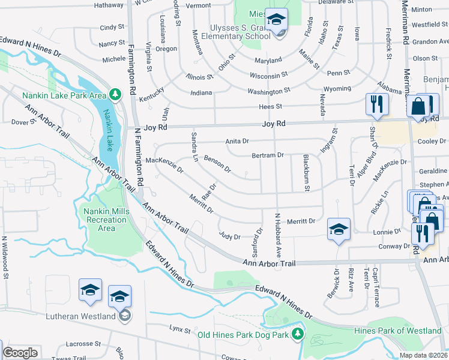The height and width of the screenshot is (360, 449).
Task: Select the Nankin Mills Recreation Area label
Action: click(x=106, y=220)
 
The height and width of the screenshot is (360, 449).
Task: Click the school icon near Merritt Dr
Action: click(x=339, y=230)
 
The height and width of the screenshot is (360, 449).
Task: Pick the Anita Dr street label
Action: click(x=237, y=141)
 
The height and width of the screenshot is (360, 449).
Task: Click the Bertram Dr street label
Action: click(x=268, y=155)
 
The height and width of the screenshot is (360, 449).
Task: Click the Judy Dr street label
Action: click(x=230, y=236)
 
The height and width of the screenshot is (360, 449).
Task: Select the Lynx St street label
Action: click(x=179, y=329)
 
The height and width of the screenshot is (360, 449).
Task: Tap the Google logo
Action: click(x=20, y=353)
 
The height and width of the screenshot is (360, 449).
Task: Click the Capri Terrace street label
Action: click(x=377, y=287)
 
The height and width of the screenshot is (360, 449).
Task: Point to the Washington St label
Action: click(x=269, y=91)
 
